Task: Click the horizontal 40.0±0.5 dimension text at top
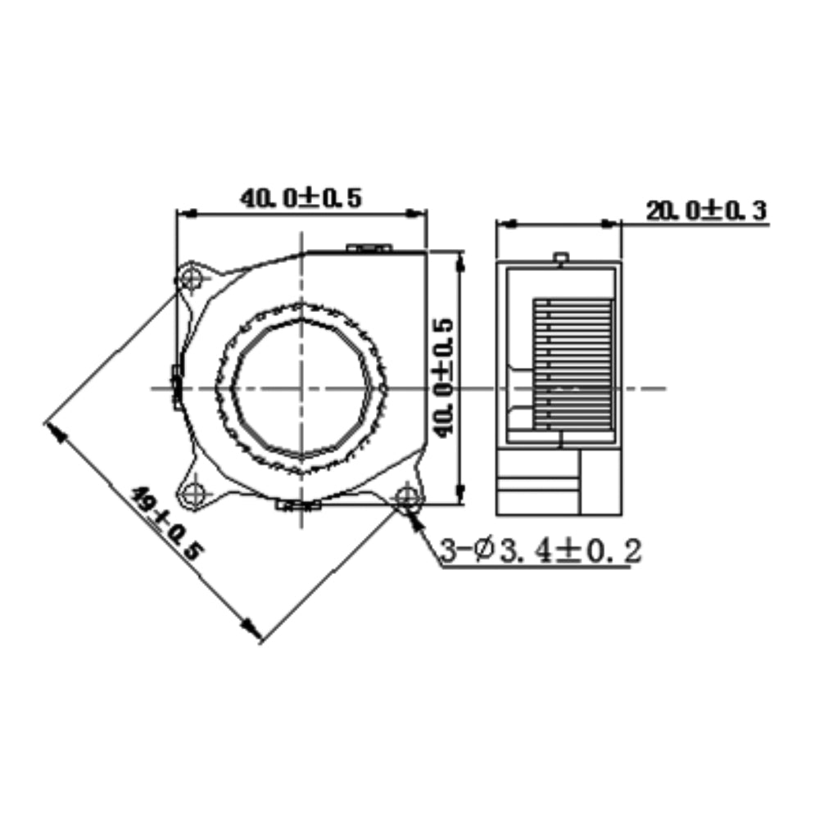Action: coord(301,199)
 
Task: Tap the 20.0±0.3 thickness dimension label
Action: coord(705,211)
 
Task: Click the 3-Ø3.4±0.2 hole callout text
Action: coord(540,551)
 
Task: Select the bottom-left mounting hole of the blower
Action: coord(194,494)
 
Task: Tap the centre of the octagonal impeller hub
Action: coord(302,387)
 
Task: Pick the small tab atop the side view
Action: coord(560,260)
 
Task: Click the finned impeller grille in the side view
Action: coord(572,364)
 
